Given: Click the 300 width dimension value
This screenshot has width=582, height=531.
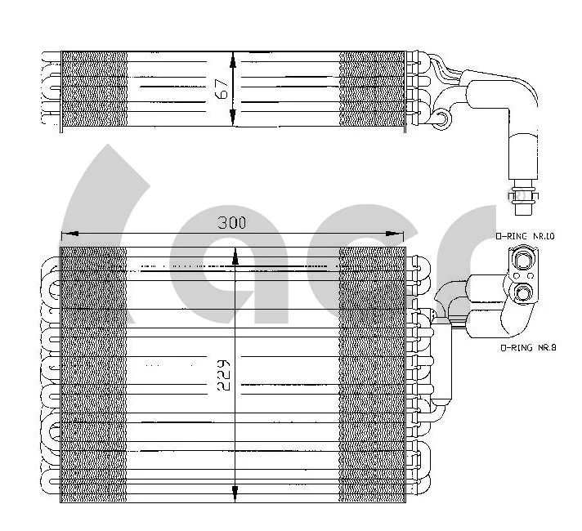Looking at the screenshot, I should (232, 222).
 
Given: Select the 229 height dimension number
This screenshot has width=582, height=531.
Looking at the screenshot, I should (224, 376).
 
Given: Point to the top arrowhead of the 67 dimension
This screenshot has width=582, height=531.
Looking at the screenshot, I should (234, 60).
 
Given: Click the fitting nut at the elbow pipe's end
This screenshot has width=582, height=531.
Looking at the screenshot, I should (520, 194).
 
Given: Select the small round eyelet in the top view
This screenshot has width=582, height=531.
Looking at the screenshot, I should (441, 120).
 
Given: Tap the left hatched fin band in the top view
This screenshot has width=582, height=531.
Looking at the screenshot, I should (94, 89).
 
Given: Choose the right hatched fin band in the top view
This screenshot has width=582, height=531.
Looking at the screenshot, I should (372, 89).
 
